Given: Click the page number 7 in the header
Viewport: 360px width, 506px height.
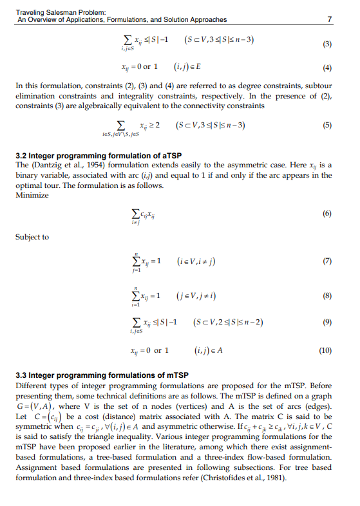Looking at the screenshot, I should tap(330, 20).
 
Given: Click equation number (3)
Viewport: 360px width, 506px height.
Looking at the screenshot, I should tap(326, 44).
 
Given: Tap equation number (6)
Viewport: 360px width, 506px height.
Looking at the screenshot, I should tap(327, 212).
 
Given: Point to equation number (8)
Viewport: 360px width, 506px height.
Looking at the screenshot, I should tap(327, 295).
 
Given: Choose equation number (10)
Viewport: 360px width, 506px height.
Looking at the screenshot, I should tap(325, 351).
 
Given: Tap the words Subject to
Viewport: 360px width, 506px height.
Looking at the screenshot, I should tap(32, 237).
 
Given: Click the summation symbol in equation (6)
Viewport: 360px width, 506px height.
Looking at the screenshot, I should tap(134, 213).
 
